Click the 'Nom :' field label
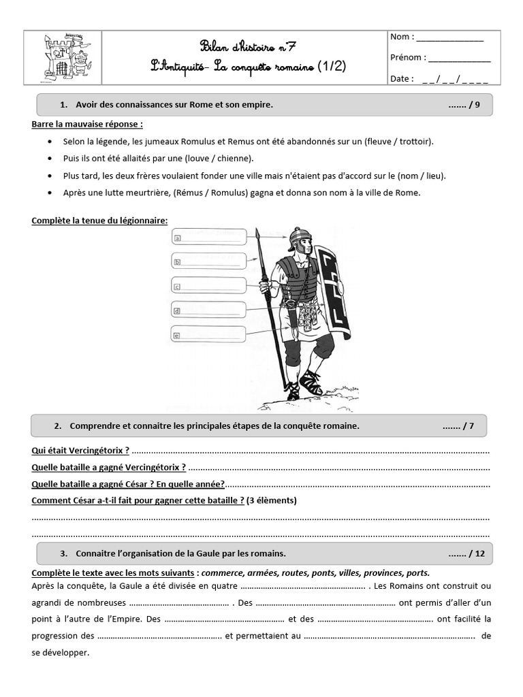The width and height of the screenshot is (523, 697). point(402,37)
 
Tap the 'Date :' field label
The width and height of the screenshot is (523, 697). point(402,79)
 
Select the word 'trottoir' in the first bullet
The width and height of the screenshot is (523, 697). point(413,142)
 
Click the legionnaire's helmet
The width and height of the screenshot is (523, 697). point(299,239)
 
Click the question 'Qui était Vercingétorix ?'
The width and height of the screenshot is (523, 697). point(80,451)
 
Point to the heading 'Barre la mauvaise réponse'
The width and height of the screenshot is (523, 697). point(87,125)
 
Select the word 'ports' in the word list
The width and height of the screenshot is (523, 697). point(417,572)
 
